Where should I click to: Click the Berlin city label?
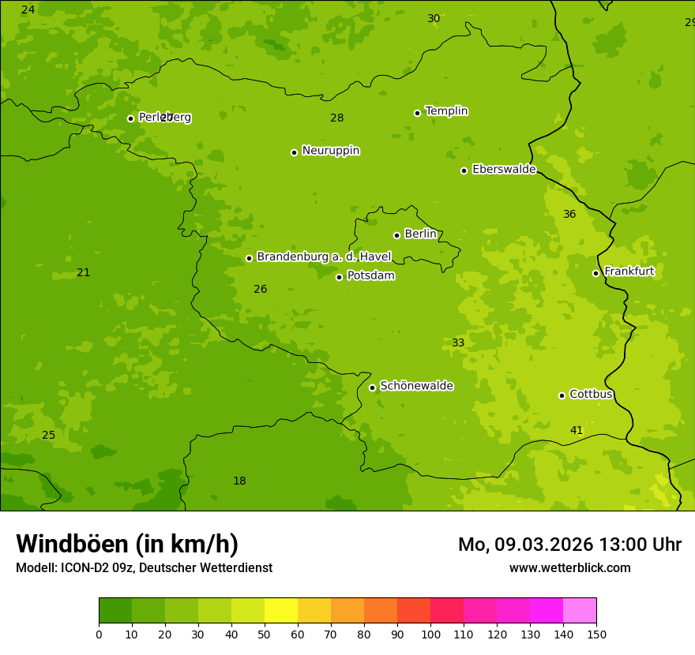coord(420,234)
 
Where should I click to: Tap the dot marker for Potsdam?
coord(340,277)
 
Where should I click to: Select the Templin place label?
coord(446,111)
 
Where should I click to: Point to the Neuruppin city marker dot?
coord(294,152)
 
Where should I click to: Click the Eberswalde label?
coord(504,170)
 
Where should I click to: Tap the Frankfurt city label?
coord(629,271)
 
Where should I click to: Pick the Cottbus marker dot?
coord(562,395)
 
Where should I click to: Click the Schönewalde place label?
coord(416,386)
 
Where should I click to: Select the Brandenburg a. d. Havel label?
coord(324,256)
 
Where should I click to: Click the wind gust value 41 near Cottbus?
coord(577,430)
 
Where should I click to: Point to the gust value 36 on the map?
coord(569,214)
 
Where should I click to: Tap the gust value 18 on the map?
coord(239,481)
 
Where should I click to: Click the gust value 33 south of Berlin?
coord(458,342)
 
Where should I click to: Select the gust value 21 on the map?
coord(83,272)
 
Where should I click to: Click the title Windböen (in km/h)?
coord(127,544)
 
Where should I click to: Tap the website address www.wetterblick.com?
coord(569,567)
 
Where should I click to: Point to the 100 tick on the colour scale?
coord(430,634)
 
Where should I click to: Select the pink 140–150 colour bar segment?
coord(580,611)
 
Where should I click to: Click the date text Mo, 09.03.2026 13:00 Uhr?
coord(569,545)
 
